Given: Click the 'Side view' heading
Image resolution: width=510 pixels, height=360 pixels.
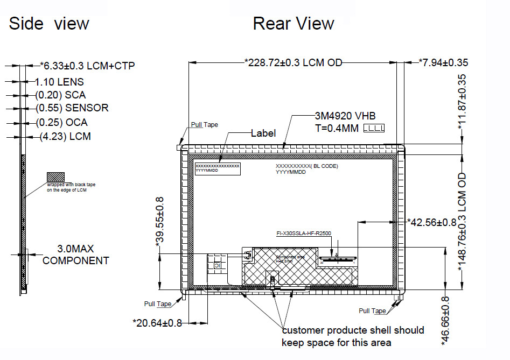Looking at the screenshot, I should pyautogui.click(x=49, y=24).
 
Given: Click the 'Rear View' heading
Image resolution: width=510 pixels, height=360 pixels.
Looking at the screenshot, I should pyautogui.click(x=293, y=24).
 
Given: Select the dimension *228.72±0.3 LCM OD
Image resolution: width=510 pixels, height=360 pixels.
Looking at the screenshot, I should pyautogui.click(x=294, y=62).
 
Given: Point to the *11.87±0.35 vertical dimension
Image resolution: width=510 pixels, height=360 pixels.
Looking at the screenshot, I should pyautogui.click(x=462, y=102).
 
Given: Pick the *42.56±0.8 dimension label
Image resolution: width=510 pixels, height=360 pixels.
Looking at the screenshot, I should pyautogui.click(x=431, y=221).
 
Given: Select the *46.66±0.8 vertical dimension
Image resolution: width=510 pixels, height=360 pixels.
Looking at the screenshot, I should pyautogui.click(x=445, y=321).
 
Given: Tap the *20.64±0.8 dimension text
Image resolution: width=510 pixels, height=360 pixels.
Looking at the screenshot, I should pyautogui.click(x=157, y=323).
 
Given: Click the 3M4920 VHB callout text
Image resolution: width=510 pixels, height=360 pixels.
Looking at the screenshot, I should pyautogui.click(x=345, y=116).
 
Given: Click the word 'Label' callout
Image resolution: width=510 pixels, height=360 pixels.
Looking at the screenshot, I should pyautogui.click(x=263, y=133).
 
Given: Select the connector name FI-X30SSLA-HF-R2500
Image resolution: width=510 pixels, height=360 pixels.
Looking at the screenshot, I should pyautogui.click(x=304, y=234).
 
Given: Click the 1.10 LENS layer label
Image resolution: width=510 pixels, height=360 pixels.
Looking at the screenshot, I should pyautogui.click(x=59, y=82).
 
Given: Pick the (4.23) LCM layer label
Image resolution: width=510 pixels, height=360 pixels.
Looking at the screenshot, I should pyautogui.click(x=65, y=137).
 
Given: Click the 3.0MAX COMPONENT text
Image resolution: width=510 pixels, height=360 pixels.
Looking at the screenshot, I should pyautogui.click(x=76, y=255).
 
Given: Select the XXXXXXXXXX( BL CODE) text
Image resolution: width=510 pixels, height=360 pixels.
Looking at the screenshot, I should pyautogui.click(x=306, y=166).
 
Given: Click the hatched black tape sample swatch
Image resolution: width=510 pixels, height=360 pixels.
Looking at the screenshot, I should pyautogui.click(x=55, y=177).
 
